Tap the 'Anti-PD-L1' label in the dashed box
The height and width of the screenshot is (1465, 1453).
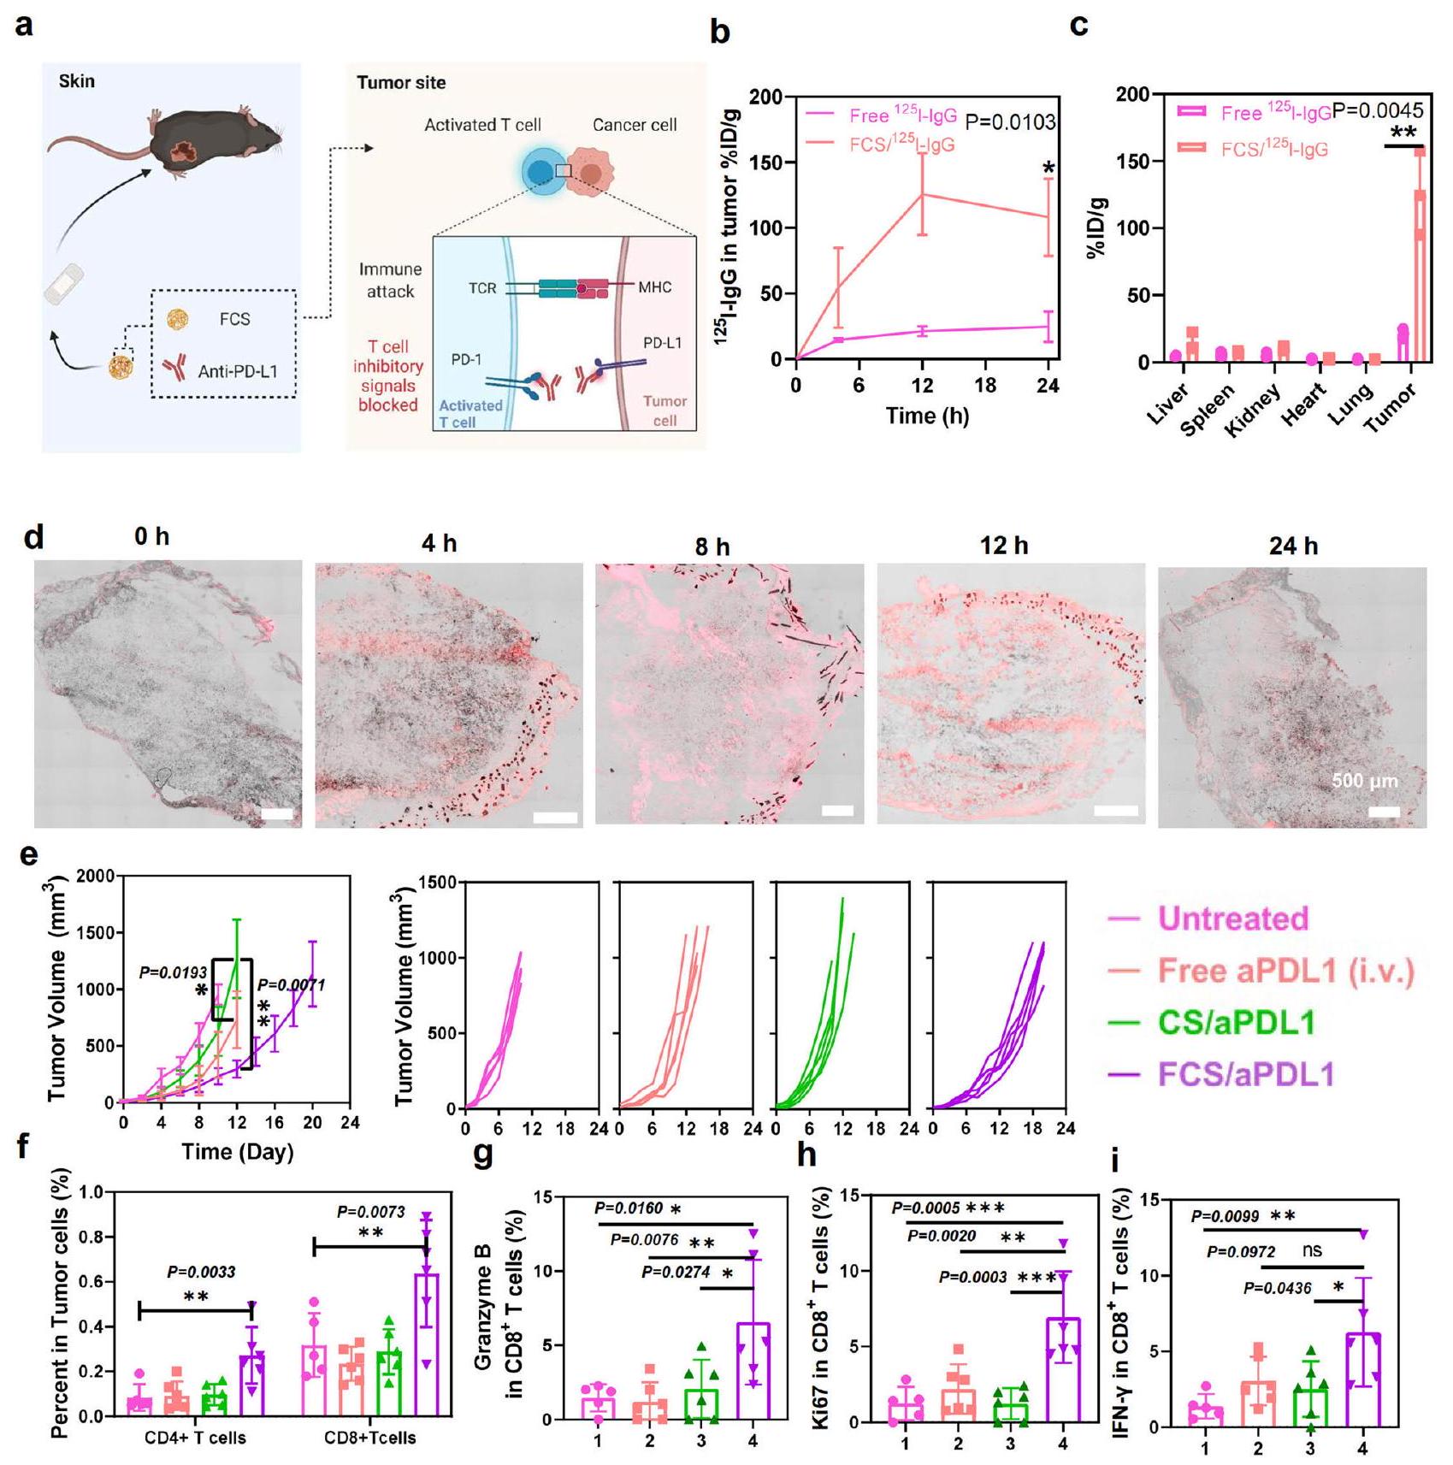point(237,371)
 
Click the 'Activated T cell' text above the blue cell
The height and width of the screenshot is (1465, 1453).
point(482,125)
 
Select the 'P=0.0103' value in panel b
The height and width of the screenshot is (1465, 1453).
point(1010,122)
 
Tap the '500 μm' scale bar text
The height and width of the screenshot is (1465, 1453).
point(1365,781)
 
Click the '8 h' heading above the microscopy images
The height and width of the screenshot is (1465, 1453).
point(712,546)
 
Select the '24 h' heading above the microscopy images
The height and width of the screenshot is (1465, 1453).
point(1292,546)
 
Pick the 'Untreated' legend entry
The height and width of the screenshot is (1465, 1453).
point(1232,919)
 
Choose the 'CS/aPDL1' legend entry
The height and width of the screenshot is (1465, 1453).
point(1236,1023)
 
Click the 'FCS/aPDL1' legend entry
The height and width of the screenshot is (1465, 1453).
point(1245,1074)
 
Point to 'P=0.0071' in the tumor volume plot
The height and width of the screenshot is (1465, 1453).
point(292,985)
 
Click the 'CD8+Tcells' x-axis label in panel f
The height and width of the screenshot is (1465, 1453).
point(369,1438)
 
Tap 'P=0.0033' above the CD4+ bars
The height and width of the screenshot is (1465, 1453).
point(201,1273)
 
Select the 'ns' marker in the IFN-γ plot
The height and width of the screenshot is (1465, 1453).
point(1311,1251)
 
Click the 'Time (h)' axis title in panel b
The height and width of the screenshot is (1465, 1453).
point(926,416)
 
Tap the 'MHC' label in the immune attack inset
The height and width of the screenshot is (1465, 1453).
point(654,287)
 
